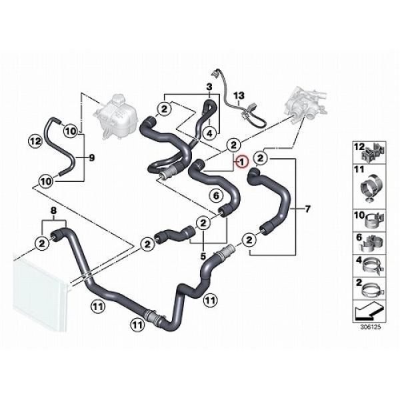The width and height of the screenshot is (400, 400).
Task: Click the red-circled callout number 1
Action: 242,161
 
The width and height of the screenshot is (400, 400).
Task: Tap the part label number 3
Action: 209,87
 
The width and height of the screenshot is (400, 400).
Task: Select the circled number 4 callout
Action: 209,133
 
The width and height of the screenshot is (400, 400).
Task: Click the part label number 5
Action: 203,257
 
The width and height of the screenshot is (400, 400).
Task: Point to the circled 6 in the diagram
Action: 216,196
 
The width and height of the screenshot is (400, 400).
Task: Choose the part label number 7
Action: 307,209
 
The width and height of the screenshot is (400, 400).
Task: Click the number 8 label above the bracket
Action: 53,211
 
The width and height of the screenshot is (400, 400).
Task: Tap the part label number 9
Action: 91,157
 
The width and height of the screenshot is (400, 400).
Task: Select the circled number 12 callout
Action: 35,141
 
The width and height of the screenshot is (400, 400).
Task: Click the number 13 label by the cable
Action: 239,96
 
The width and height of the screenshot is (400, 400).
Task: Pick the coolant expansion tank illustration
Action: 116,116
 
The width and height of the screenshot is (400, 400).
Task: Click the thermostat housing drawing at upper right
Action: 306,103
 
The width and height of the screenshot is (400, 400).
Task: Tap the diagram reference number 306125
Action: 370,327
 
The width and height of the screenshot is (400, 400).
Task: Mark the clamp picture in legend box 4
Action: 374,266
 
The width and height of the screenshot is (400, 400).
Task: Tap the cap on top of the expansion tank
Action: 119,98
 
